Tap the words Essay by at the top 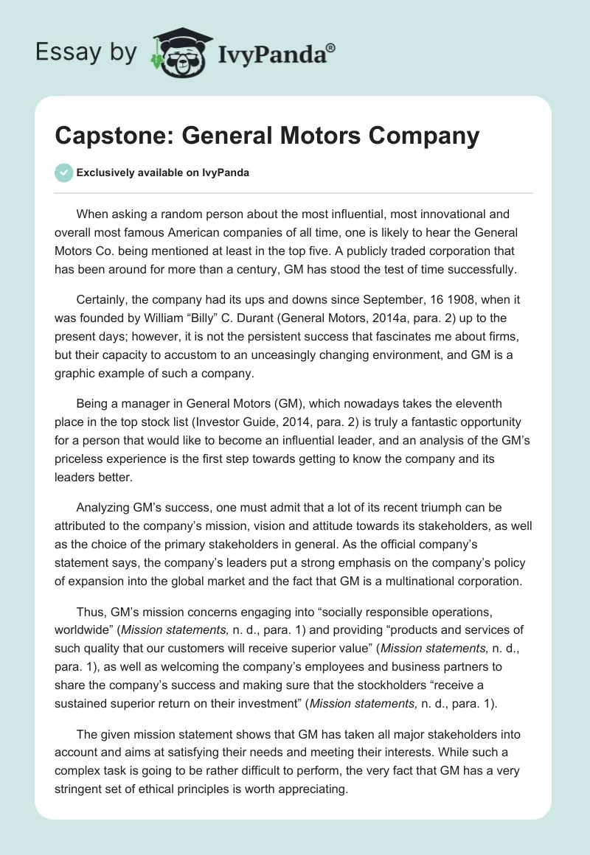click(85, 52)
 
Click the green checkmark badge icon click(63, 172)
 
